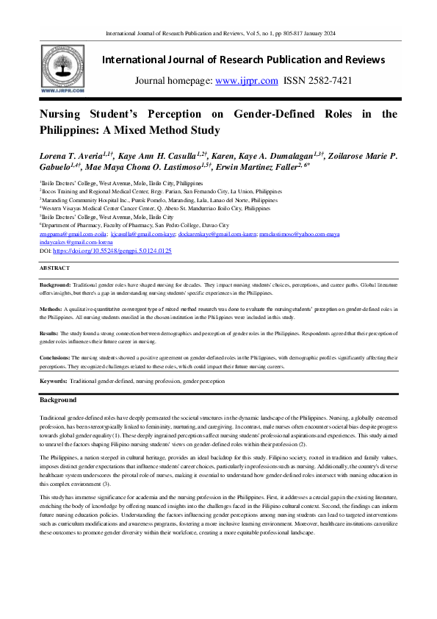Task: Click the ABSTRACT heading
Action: click(54, 268)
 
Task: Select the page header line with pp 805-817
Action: click(218, 34)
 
